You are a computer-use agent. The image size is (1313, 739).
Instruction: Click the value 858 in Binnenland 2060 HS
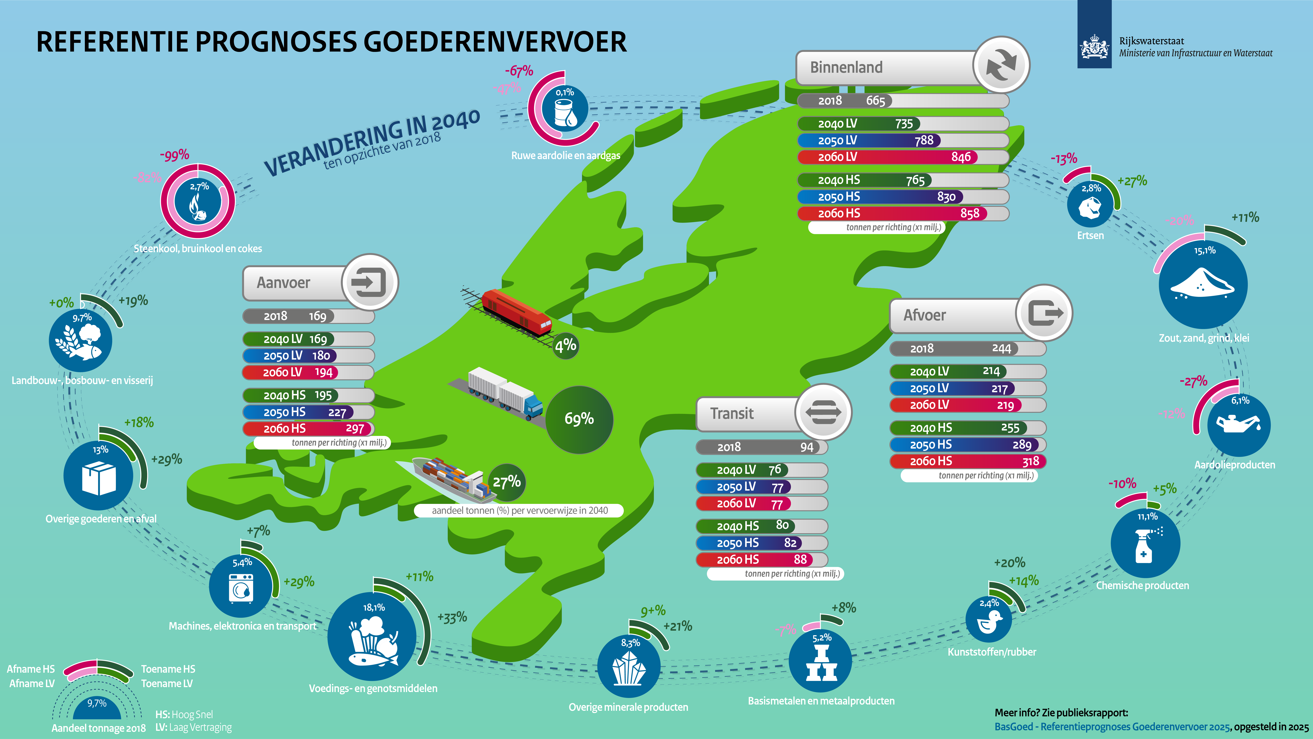(969, 214)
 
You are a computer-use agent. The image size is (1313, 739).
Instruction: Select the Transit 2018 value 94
(807, 447)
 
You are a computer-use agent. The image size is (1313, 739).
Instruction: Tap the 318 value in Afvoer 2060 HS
(1030, 462)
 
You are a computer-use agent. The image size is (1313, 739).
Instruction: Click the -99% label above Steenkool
(174, 155)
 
